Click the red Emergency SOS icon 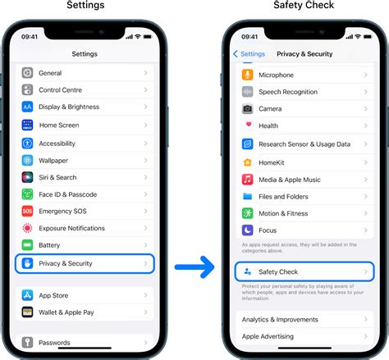[x=28, y=212]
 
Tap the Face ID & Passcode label [x=68, y=194]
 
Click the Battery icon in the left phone [x=28, y=245]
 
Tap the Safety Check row [x=304, y=271]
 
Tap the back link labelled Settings [x=249, y=54]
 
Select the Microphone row [x=304, y=75]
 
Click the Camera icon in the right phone [x=248, y=108]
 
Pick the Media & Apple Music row [x=304, y=179]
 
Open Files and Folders [x=304, y=196]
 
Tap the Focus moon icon [x=248, y=230]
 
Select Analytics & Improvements [x=304, y=319]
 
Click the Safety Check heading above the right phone [x=303, y=7]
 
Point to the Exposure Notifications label [x=72, y=228]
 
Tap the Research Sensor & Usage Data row [x=304, y=144]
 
